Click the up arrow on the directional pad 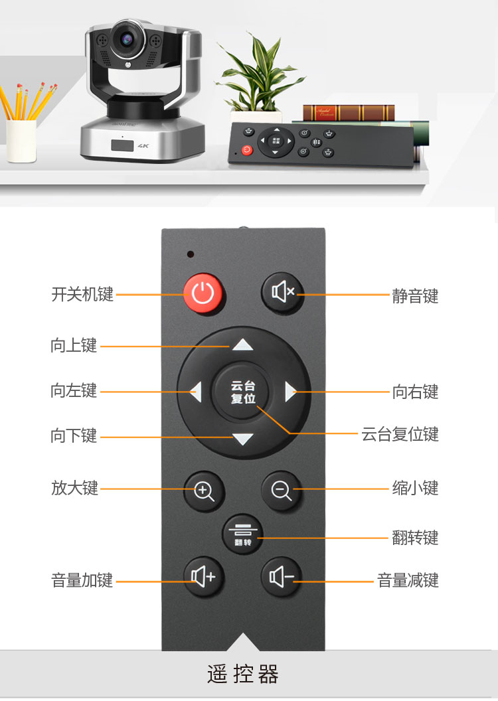243,345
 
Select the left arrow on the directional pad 196,392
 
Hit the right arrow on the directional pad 291,392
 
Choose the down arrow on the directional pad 243,439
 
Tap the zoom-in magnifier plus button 204,491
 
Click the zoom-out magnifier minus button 282,491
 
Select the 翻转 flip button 243,534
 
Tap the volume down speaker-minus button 282,577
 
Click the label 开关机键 82,295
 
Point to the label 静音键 415,296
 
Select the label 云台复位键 400,434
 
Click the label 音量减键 408,580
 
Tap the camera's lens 127,40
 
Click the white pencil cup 21,140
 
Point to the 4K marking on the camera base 143,146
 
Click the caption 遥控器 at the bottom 243,674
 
